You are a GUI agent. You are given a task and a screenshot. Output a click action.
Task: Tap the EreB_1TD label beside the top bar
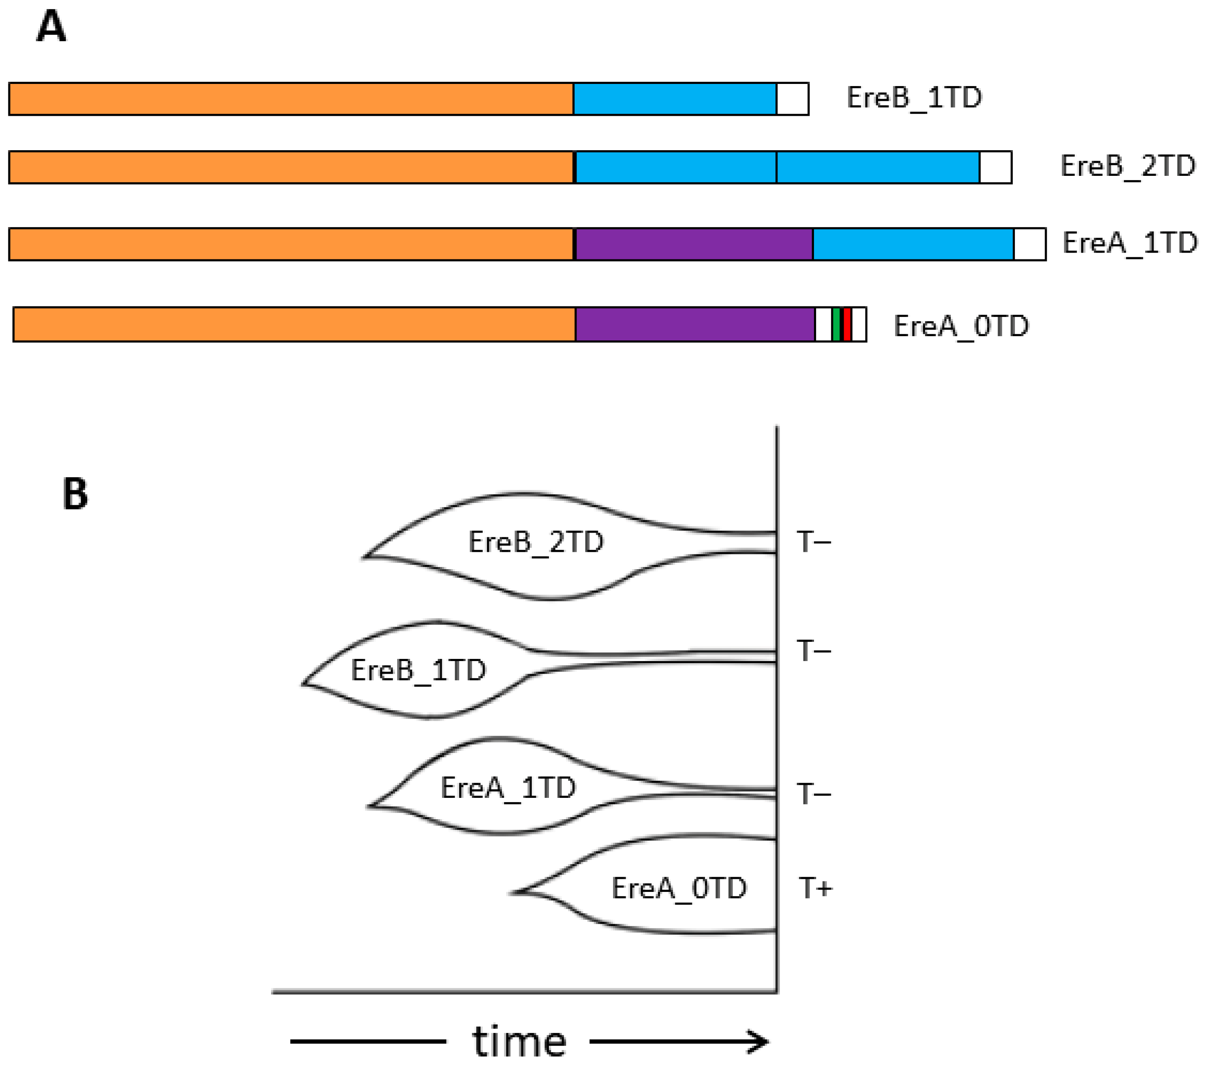click(x=914, y=98)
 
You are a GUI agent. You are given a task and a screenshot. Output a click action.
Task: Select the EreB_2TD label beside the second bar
click(x=1127, y=166)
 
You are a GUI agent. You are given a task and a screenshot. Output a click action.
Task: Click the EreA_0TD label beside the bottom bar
click(x=961, y=326)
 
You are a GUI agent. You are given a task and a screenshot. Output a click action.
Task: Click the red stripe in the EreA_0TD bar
click(x=847, y=324)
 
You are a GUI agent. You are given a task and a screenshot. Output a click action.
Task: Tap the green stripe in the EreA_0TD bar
click(x=836, y=324)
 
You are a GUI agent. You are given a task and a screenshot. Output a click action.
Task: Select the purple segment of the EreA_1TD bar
click(x=694, y=244)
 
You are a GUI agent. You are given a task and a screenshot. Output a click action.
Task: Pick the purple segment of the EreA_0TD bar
click(x=695, y=324)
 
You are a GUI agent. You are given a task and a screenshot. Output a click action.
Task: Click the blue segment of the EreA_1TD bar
click(x=913, y=244)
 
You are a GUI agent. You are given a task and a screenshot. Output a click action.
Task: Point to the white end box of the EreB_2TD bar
click(x=995, y=167)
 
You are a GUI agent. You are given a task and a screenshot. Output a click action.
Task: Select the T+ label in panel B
click(x=815, y=888)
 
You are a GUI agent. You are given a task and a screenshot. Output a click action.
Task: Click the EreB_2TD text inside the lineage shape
click(x=535, y=541)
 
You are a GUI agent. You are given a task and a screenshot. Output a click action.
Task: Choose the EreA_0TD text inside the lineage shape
click(x=679, y=888)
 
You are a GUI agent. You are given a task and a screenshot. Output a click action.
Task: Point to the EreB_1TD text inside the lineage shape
click(x=418, y=670)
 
